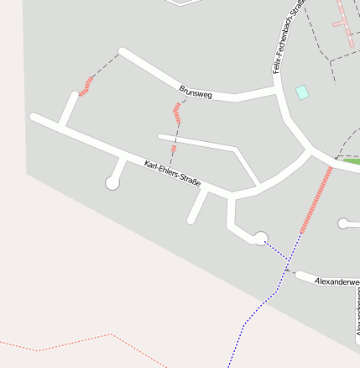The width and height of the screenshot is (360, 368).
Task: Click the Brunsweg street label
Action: pos(196,92)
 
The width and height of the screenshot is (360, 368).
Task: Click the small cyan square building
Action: pos(302,92)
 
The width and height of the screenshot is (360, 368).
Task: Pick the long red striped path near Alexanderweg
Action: pos(316,200)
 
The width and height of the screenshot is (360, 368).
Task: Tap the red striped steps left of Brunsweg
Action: pos(86,85)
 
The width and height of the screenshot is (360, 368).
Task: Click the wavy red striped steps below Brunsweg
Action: pos(177,114)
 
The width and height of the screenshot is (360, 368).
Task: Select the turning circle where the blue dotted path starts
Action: pos(260,238)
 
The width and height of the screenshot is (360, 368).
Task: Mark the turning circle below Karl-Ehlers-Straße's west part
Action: pos(112,182)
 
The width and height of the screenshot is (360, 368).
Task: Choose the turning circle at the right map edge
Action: pos(342,223)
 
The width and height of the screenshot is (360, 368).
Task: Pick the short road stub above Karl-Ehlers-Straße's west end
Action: pos(67,110)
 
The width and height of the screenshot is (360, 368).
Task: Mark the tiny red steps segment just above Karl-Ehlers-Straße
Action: pos(174,150)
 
